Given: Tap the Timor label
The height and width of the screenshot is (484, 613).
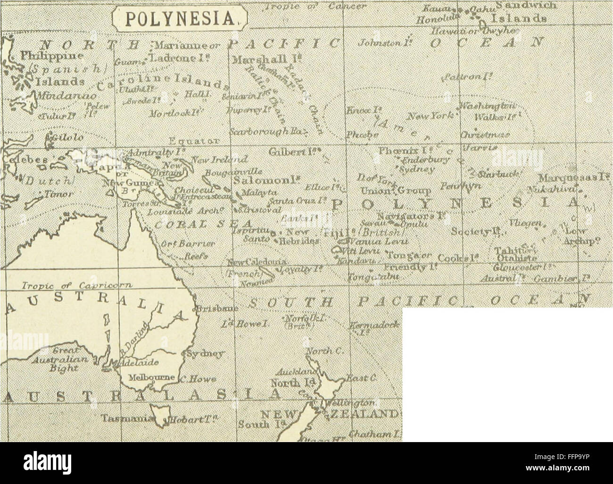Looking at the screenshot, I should click(57, 194).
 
